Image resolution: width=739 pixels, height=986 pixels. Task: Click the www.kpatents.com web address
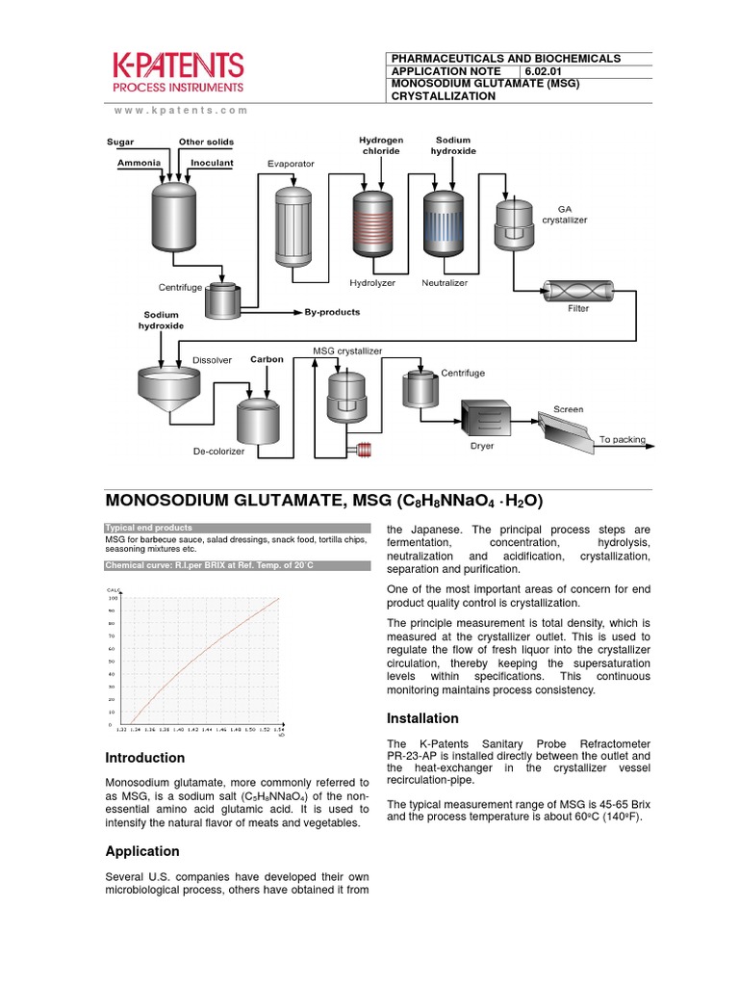[x=180, y=111]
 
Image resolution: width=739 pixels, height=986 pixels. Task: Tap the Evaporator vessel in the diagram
[x=293, y=226]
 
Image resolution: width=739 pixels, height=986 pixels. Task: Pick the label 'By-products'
[x=332, y=312]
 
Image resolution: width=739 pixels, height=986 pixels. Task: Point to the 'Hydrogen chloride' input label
[x=381, y=145]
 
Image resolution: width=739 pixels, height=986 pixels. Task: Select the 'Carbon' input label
[x=267, y=359]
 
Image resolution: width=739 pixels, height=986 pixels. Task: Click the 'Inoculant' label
[x=212, y=163]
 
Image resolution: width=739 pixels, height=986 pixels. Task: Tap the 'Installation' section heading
[x=422, y=718]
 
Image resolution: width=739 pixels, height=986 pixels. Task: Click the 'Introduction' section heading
[x=144, y=758]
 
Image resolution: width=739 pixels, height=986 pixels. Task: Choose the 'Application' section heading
[x=141, y=851]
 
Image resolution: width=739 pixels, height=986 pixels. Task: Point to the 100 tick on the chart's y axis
[x=112, y=598]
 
